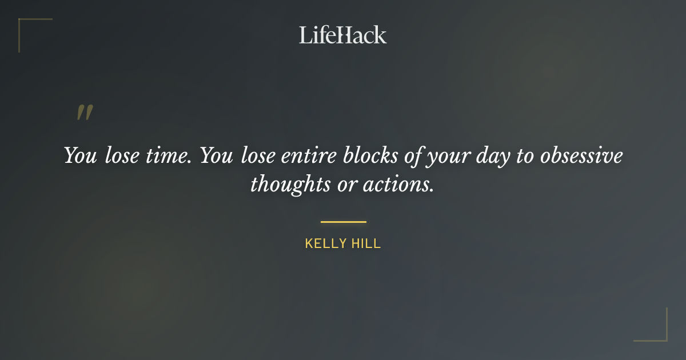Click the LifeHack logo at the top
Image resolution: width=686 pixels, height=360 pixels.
[342, 35]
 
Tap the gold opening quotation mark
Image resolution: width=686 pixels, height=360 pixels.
[84, 113]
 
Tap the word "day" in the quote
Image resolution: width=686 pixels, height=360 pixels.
[493, 157]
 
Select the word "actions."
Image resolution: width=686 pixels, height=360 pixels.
[398, 185]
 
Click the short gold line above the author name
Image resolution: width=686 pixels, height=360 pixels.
[343, 222]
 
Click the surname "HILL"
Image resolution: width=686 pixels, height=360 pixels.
[366, 244]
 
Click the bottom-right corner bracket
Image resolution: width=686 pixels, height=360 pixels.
[663, 337]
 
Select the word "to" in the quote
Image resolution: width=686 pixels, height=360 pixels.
[525, 156]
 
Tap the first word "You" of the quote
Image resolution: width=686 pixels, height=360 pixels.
[80, 156]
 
